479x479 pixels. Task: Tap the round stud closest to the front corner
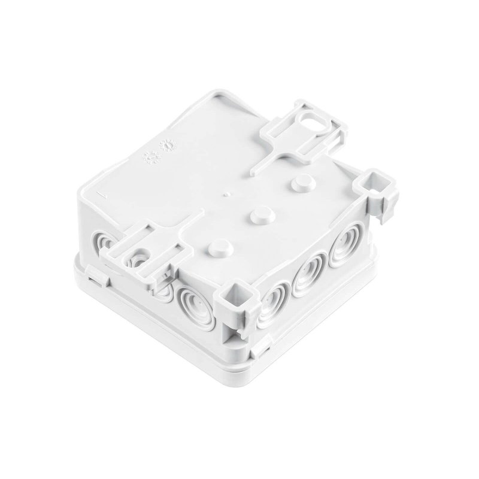coord(221,247)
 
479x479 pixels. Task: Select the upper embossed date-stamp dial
coord(167,145)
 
